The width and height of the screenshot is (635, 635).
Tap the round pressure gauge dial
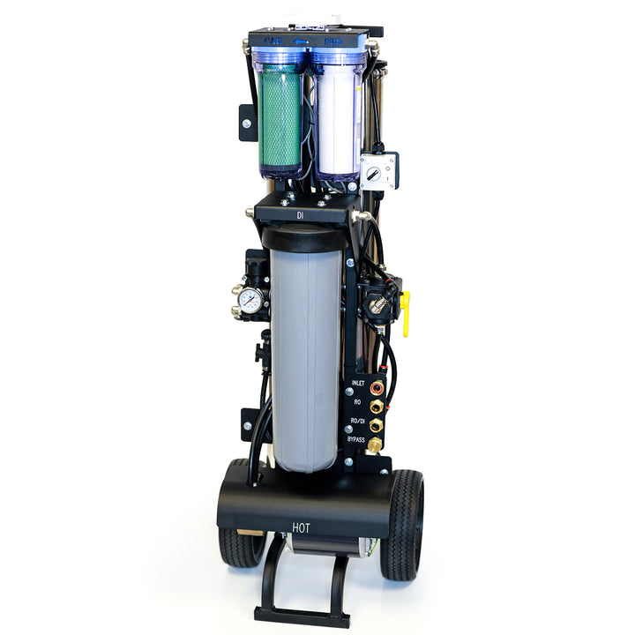coord(250,300)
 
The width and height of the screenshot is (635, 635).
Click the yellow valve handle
coord(406,315)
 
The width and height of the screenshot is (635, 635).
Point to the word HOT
coord(302,528)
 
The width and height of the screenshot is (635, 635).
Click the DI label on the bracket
coord(300,214)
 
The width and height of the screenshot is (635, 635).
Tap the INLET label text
coord(358,383)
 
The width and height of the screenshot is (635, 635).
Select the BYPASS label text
coord(356,438)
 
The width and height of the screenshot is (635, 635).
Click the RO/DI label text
coord(357,421)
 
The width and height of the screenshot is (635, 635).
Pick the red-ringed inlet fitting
coord(377,387)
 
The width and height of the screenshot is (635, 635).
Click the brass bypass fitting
coord(375,444)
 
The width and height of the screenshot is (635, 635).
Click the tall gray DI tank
coord(304,353)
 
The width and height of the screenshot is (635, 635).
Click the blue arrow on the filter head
coord(301,41)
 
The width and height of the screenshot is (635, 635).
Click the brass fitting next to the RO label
coord(377,406)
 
